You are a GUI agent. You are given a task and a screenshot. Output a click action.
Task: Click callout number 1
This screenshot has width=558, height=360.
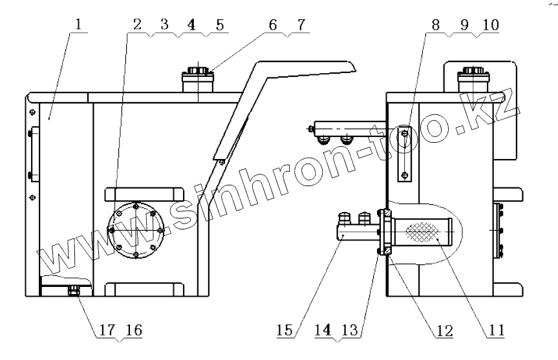78,24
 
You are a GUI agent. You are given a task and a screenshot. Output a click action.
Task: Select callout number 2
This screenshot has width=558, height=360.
137,24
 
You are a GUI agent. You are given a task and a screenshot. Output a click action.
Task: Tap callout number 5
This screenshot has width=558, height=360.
220,25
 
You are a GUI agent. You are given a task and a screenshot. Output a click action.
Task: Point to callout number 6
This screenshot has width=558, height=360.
273,25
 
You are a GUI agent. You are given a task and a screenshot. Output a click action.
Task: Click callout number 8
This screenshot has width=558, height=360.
436,25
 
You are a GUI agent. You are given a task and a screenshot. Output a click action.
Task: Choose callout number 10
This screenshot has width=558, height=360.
491,25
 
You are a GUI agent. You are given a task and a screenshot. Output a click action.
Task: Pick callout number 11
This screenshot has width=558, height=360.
497,330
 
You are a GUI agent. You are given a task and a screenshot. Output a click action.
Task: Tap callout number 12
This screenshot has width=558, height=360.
444,331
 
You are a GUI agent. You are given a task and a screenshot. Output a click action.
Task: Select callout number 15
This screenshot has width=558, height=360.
284,330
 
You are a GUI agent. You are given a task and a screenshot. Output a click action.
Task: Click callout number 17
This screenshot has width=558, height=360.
107,330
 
